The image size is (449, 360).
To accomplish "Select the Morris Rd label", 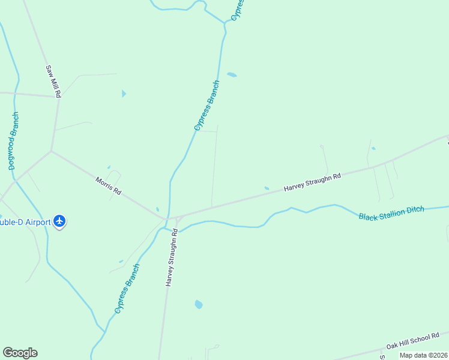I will [109, 185].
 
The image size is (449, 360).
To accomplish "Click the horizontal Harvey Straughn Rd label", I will [312, 182].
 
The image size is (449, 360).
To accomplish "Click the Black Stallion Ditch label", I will [391, 213].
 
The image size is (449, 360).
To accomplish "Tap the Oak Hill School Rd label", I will [413, 341].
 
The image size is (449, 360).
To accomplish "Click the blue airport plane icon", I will [59, 221].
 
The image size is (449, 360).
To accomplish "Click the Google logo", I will [20, 353].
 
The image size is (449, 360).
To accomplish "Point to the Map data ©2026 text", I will [424, 355].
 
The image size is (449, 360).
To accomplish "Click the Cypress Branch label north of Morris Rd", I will [207, 106].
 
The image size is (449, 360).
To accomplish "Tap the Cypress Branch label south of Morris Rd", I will [127, 289].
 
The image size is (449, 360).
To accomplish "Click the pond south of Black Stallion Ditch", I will [199, 304].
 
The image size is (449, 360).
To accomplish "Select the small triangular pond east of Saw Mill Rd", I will [124, 94].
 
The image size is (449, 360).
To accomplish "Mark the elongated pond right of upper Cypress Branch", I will [232, 75].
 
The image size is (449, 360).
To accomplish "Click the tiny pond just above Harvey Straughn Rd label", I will [267, 188].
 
